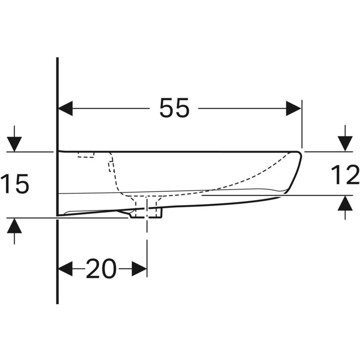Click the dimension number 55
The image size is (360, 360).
point(175,108)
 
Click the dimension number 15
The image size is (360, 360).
point(15,183)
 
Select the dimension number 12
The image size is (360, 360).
point(345,175)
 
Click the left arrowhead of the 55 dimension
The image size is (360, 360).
point(66,108)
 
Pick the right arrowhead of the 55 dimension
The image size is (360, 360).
point(293,108)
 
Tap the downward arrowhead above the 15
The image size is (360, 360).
point(14,144)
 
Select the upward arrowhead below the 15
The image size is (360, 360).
point(14,226)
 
